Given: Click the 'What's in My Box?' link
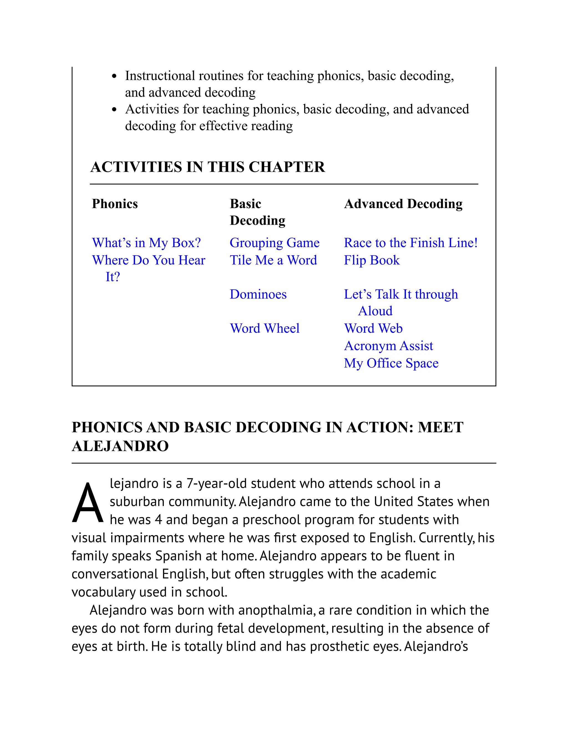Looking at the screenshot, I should click(146, 243).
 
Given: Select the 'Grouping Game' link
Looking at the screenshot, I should click(274, 243).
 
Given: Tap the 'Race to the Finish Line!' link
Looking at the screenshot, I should click(410, 243).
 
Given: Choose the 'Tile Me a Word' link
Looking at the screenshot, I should click(273, 260).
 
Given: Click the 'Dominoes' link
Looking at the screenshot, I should click(258, 294).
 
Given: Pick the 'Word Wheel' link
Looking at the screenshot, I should click(265, 328).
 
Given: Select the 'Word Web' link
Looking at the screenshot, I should click(373, 328).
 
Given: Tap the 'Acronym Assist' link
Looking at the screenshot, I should click(388, 346).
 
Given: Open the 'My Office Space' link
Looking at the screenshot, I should click(391, 363).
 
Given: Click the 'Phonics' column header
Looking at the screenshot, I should click(115, 204).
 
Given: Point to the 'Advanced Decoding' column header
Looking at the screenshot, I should click(403, 204).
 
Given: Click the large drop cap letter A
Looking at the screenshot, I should click(87, 503).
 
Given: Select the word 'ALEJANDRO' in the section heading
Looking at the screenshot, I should click(120, 446).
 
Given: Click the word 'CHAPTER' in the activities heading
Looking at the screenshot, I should click(287, 167).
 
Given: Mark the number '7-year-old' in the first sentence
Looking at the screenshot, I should click(216, 484).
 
